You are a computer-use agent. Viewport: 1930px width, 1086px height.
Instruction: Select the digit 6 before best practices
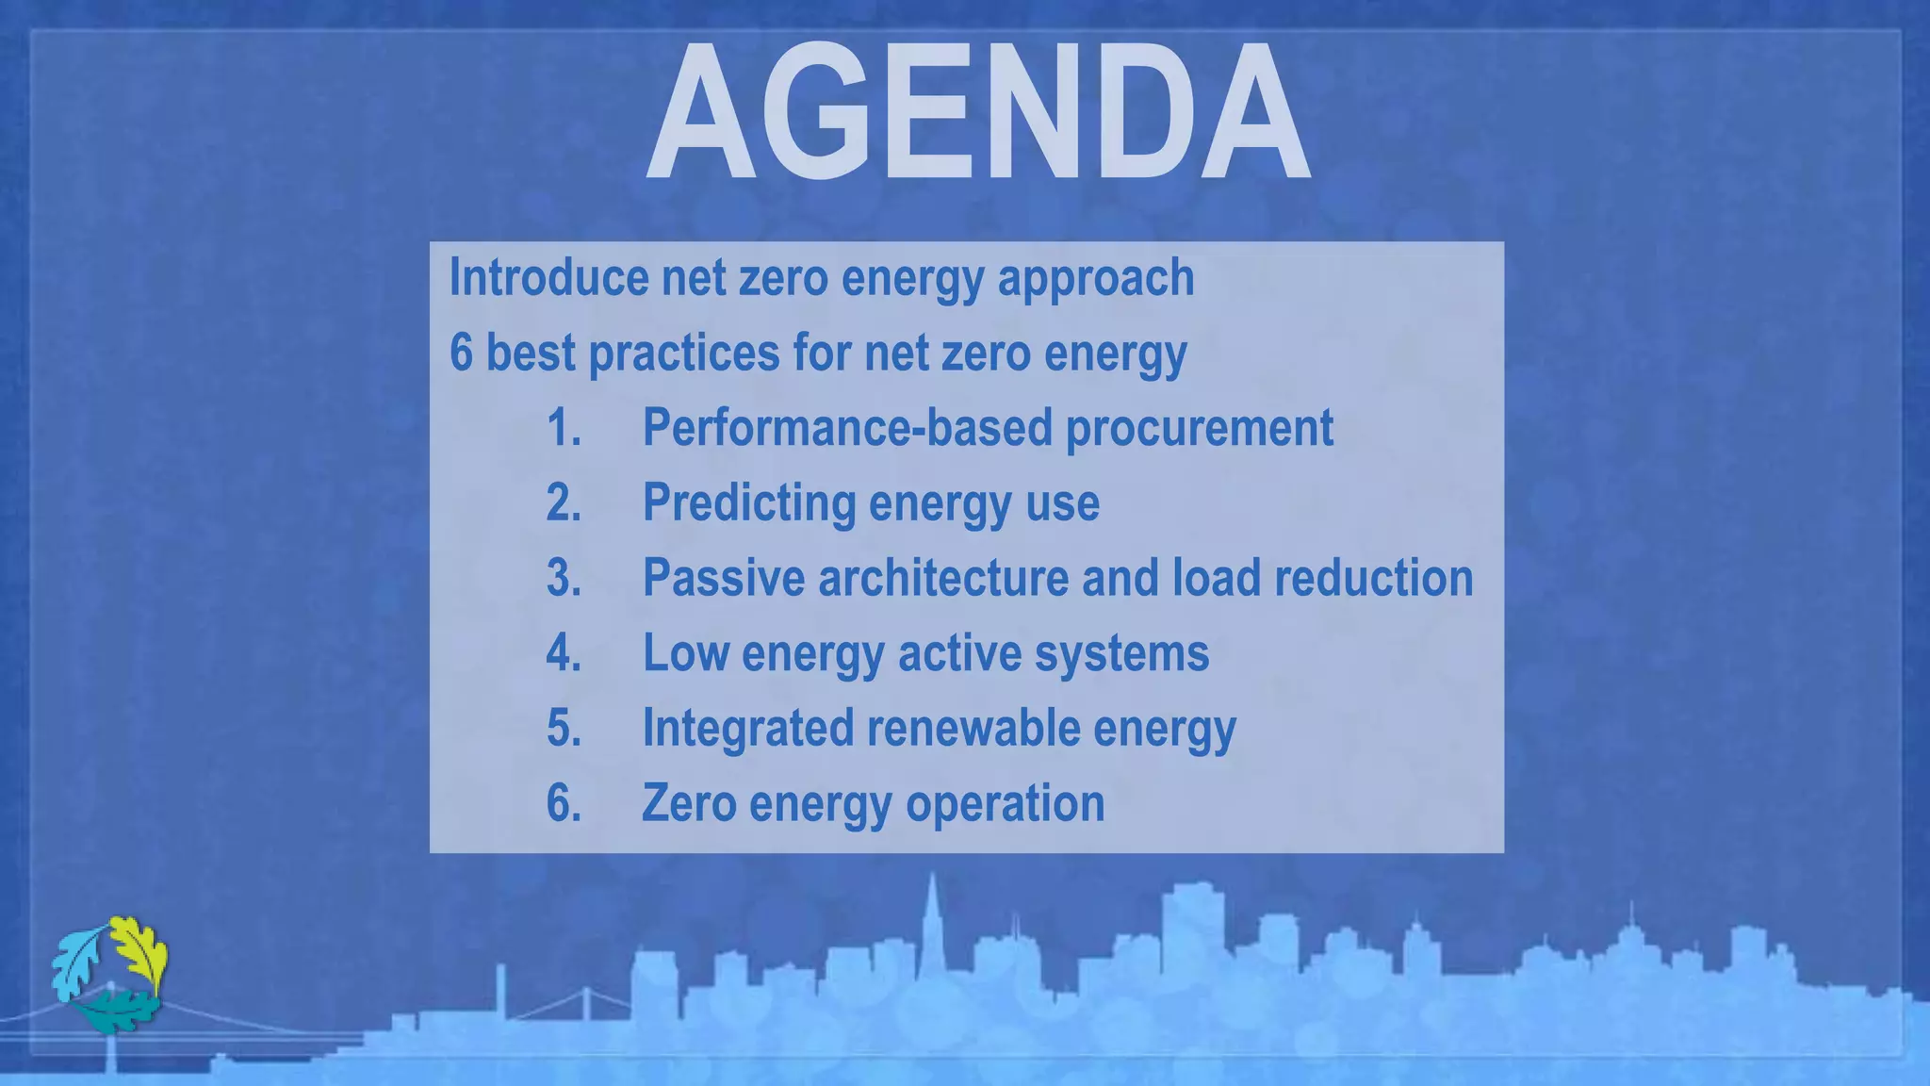461,353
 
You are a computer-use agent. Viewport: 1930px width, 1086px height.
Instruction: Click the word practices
683,353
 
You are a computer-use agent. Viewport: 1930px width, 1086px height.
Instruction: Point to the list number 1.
564,428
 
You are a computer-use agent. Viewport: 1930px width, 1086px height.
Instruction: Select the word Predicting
748,502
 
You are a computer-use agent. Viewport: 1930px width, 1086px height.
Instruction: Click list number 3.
564,578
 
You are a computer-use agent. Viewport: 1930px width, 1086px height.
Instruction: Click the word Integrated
747,729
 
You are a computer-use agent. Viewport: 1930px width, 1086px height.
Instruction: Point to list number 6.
564,803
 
